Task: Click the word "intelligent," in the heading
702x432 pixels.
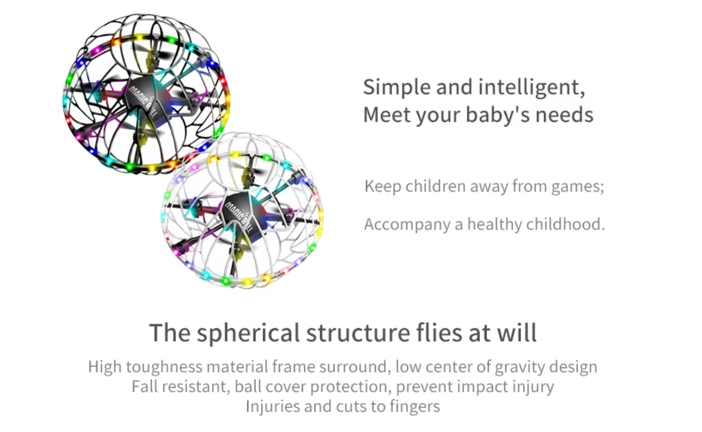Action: tap(532, 88)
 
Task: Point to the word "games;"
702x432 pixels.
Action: tap(578, 187)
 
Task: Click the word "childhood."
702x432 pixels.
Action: tap(566, 224)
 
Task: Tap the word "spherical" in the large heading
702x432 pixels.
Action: tap(248, 333)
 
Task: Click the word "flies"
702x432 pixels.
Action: tap(439, 332)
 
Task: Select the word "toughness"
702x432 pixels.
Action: tap(164, 367)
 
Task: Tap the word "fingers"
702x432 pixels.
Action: tap(415, 407)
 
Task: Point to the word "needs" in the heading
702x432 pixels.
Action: tap(564, 115)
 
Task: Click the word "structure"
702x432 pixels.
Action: tap(358, 333)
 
